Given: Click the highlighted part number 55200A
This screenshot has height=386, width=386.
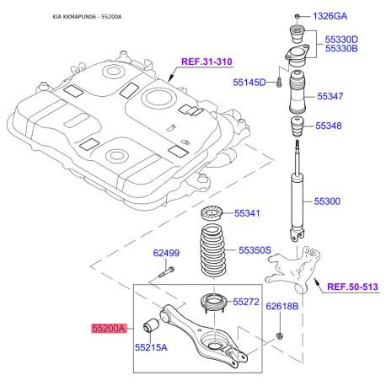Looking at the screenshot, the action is click(x=109, y=328).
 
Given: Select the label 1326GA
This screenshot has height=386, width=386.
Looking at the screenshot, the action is click(x=330, y=16).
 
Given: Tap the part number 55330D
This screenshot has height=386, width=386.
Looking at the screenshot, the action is click(x=341, y=40).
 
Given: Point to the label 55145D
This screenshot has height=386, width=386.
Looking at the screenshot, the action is click(x=249, y=83).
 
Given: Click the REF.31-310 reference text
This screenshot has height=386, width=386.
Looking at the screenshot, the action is click(x=206, y=62).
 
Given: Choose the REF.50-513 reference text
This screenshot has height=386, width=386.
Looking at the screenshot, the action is click(x=353, y=287).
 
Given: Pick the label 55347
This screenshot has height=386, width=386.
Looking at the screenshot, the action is click(x=330, y=96).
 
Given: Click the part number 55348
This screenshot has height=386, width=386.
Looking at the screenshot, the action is click(x=329, y=126).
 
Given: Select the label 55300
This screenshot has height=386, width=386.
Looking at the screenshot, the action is click(x=327, y=201).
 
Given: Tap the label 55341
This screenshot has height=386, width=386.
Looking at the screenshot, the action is click(x=247, y=213).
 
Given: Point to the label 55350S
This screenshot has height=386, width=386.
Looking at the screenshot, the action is click(x=255, y=250).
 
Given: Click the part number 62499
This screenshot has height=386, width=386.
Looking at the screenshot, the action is click(x=166, y=253).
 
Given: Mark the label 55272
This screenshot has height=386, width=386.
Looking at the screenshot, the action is click(x=246, y=302).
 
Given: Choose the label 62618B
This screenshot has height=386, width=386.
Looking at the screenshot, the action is click(x=282, y=306).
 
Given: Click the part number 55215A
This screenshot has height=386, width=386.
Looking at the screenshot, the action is click(x=151, y=347).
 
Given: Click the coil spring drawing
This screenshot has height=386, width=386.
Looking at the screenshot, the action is click(x=213, y=250).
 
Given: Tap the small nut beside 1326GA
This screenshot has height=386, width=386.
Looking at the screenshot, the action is click(x=298, y=16).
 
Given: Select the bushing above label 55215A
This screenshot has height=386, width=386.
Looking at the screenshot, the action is click(x=151, y=324).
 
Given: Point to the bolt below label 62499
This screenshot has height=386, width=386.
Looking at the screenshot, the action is click(x=166, y=272).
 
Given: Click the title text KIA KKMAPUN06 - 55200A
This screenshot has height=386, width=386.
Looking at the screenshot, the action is click(x=87, y=17).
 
